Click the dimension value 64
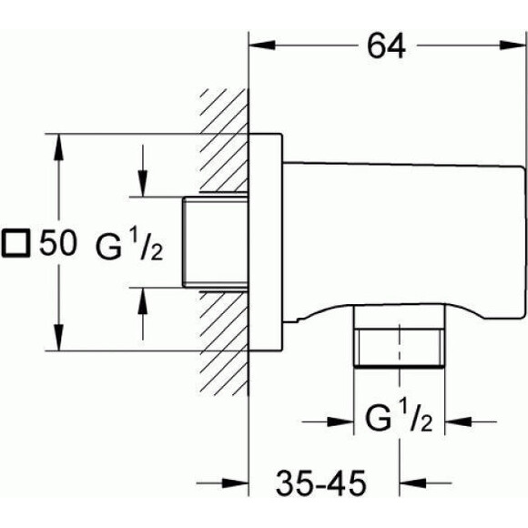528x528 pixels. pos(386,46)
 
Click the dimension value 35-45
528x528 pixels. pos(320,483)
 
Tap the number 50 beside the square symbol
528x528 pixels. pos(57,243)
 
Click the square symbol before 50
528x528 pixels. pos(15,243)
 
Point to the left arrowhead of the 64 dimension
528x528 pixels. pos(262,46)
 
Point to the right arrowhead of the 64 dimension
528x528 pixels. pos(513,46)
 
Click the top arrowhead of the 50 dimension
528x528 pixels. pos(59,147)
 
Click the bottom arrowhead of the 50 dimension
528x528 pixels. pos(59,338)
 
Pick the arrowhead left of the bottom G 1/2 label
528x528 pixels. pos(340,421)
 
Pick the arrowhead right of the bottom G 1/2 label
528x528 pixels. pos(458,421)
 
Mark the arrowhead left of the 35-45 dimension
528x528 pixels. pos(236,483)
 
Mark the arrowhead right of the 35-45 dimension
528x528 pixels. pos(412,483)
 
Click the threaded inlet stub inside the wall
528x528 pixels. pos(216,242)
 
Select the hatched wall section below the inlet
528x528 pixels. pos(225,341)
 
